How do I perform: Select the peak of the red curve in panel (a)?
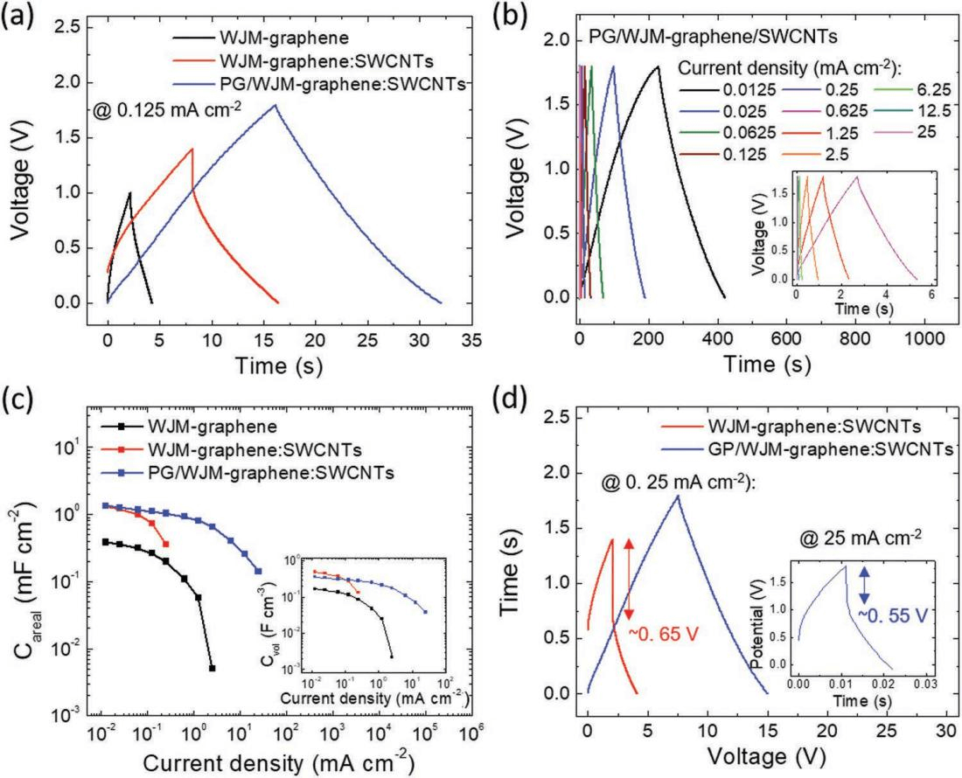click(192, 149)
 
